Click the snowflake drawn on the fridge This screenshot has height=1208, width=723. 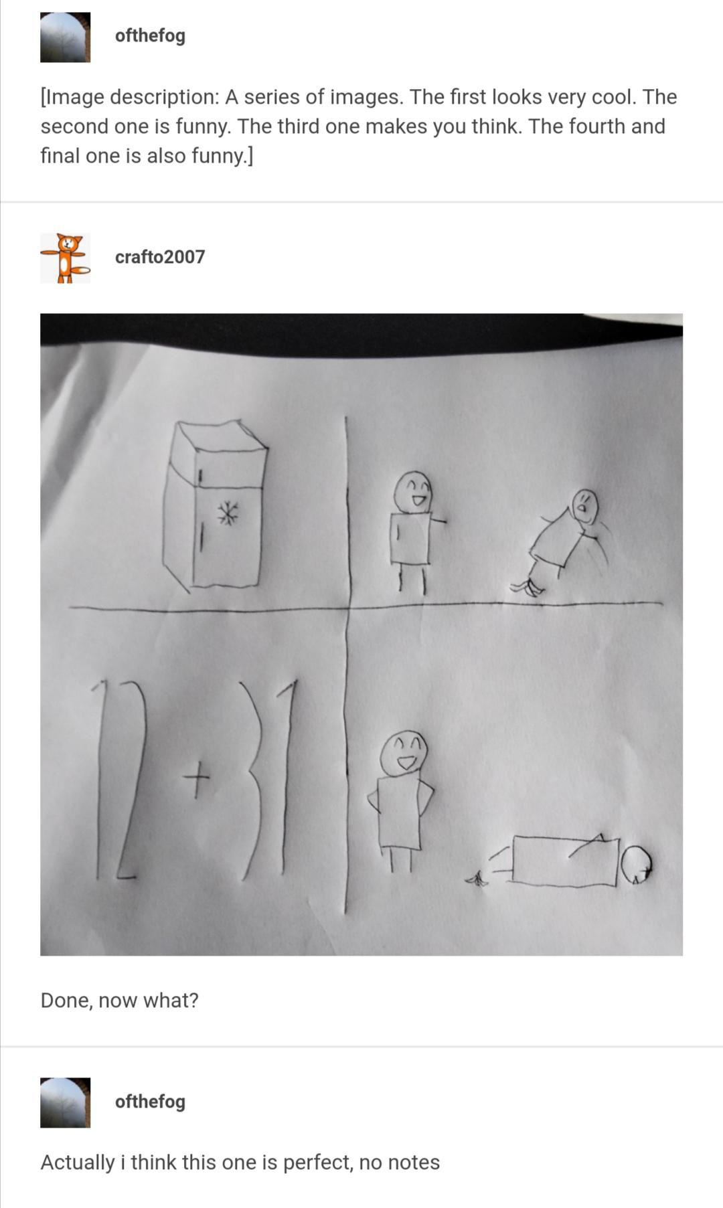pyautogui.click(x=228, y=513)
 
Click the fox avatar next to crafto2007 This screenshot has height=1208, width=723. pyautogui.click(x=65, y=258)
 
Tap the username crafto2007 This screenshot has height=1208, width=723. pyautogui.click(x=159, y=257)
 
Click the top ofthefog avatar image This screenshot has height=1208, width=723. pyautogui.click(x=65, y=37)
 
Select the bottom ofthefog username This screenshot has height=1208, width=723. pyautogui.click(x=150, y=1101)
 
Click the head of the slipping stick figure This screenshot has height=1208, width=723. pyautogui.click(x=584, y=507)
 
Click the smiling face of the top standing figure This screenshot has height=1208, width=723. pyautogui.click(x=413, y=493)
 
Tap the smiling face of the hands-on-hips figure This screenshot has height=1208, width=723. pyautogui.click(x=404, y=753)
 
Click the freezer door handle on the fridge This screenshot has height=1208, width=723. pyautogui.click(x=199, y=477)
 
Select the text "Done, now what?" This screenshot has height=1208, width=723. pyautogui.click(x=119, y=1000)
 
